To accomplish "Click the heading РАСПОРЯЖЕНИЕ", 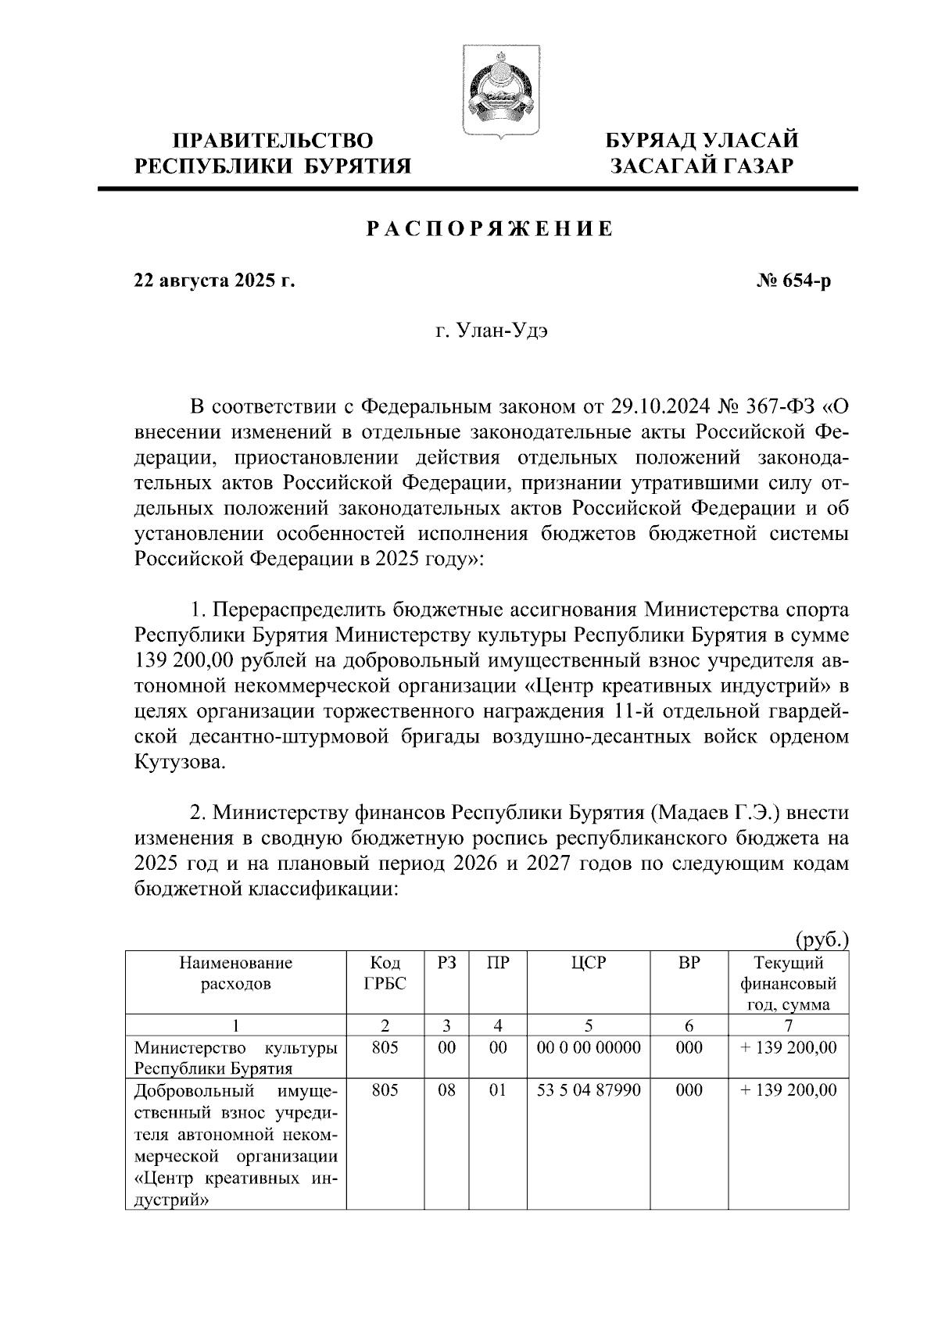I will pos(490,230).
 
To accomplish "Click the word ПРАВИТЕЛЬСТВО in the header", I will pos(273,141).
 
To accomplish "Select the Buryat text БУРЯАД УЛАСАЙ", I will pos(703,141).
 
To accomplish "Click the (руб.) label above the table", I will pos(822,939).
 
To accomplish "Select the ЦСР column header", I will pos(588,964).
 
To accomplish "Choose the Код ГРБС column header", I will pos(385,974).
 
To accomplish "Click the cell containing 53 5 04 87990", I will pos(588,1090).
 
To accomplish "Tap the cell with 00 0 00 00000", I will pos(588,1048).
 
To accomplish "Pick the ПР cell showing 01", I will pos(498,1090).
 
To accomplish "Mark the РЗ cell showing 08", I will pos(446,1090).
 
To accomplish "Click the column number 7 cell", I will pos(788,1025).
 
